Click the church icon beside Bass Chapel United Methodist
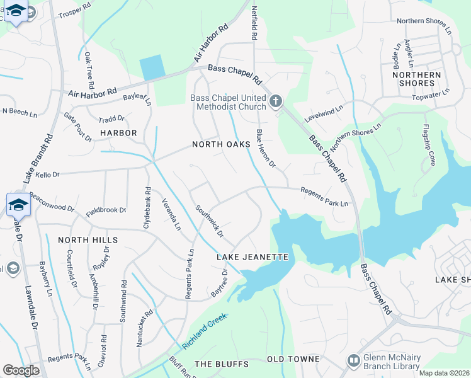pos(275,101)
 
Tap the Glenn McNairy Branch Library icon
pos(354,360)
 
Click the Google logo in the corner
pos(21,370)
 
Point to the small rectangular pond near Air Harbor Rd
pos(152,67)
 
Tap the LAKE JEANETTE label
pos(252,257)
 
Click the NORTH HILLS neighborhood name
pos(88,240)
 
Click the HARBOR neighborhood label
pos(118,133)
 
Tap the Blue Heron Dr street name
pos(266,149)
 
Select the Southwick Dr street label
pos(210,221)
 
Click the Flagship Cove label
pos(429,146)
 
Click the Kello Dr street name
pos(47,174)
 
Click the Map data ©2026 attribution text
pos(445,373)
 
